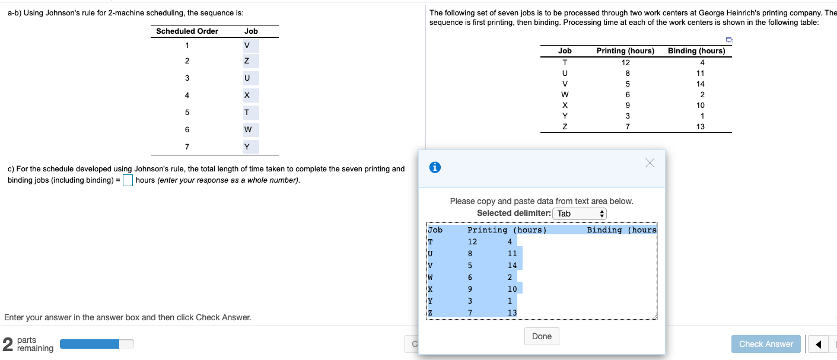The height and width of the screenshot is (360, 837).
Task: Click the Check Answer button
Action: pyautogui.click(x=766, y=344)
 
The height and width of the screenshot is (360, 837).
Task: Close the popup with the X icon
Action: pyautogui.click(x=650, y=163)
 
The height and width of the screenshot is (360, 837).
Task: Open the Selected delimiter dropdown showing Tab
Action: pyautogui.click(x=579, y=214)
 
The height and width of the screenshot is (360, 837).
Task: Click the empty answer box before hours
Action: pyautogui.click(x=128, y=180)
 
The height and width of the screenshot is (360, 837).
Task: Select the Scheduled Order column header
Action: pyautogui.click(x=187, y=31)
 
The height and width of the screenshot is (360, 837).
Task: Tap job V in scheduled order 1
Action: pyautogui.click(x=247, y=46)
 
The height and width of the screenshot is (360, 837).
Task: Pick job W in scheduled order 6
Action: pyautogui.click(x=247, y=129)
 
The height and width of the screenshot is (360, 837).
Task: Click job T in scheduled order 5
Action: pyautogui.click(x=247, y=113)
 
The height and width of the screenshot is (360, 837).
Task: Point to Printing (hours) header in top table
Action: pyautogui.click(x=625, y=51)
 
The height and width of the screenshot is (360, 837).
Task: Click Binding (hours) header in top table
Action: pyautogui.click(x=696, y=51)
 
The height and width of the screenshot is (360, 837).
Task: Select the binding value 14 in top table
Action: pyautogui.click(x=702, y=84)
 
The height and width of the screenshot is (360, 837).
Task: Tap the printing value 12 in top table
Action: pyautogui.click(x=626, y=62)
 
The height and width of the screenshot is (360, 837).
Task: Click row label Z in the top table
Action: pyautogui.click(x=565, y=126)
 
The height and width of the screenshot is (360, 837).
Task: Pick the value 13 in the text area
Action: pyautogui.click(x=512, y=313)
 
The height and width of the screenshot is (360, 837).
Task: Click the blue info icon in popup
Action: pyautogui.click(x=435, y=168)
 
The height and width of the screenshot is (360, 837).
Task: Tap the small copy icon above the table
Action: pyautogui.click(x=729, y=40)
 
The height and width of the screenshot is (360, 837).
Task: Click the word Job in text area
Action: pyautogui.click(x=435, y=230)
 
